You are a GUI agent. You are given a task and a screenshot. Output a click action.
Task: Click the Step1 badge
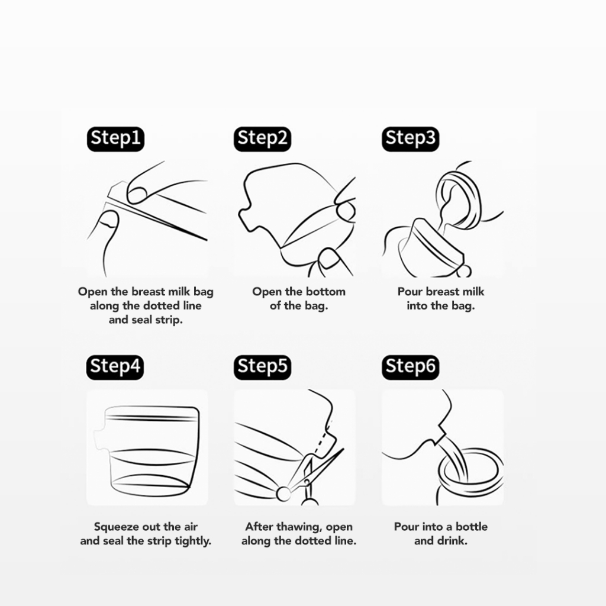(115, 138)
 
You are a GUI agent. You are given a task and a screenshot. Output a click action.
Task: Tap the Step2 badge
(262, 138)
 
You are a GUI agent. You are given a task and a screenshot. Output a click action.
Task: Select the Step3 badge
(411, 138)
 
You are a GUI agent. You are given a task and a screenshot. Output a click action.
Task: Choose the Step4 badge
(115, 367)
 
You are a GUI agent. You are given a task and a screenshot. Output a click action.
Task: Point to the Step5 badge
(262, 367)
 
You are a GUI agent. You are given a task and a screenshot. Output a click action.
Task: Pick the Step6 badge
(411, 367)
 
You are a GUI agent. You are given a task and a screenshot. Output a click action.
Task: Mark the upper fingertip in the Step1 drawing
(138, 192)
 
